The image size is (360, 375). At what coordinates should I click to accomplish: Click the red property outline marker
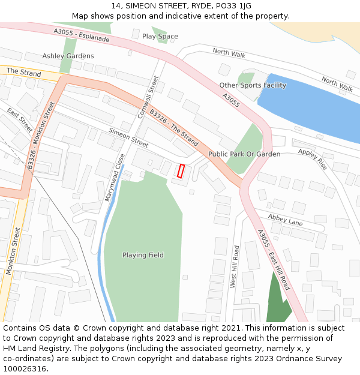pos(181,170)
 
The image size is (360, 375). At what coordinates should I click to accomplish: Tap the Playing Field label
pos(143,255)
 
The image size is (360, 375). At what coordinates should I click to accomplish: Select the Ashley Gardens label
pos(68,56)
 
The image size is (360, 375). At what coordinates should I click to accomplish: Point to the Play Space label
pos(160,37)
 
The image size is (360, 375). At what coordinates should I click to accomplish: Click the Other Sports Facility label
pos(253,85)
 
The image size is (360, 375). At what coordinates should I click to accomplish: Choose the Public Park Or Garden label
pos(244,154)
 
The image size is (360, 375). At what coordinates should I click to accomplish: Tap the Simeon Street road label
pos(128,137)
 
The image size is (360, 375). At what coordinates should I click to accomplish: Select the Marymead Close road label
pos(113,177)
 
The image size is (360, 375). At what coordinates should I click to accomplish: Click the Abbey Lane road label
pos(286,220)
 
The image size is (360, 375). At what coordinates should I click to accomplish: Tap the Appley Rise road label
pos(313,159)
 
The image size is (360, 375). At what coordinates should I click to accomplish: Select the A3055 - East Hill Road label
pos(274,260)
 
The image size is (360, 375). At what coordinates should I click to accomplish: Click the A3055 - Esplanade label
pos(82,35)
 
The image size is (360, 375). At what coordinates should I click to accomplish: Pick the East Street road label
pos(20,121)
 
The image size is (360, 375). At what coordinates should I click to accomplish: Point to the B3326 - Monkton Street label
pos(40,135)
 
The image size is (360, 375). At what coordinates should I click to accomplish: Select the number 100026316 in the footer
pos(25,369)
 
